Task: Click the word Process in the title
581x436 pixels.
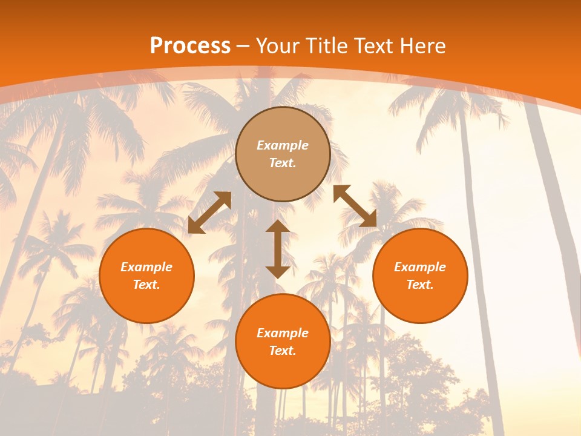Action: (x=190, y=46)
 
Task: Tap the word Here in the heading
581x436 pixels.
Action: (x=421, y=46)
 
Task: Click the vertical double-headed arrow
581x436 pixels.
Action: (x=278, y=249)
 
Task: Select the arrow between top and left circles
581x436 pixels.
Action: (x=209, y=213)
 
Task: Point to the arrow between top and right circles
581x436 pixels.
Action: (x=355, y=206)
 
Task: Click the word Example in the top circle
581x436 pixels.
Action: (x=283, y=145)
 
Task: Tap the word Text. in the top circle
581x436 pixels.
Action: (x=283, y=163)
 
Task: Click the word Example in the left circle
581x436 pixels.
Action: (x=146, y=267)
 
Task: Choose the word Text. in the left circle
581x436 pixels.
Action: (x=146, y=285)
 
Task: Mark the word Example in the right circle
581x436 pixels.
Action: (x=420, y=267)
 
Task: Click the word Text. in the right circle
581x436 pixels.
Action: (x=420, y=285)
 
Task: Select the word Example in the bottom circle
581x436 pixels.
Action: (x=283, y=333)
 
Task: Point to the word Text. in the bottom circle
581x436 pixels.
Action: (x=283, y=351)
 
